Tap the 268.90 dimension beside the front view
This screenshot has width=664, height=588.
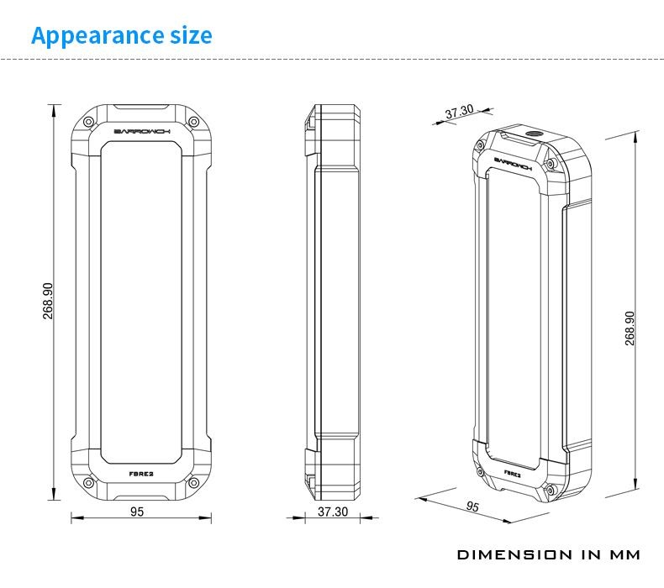pyautogui.click(x=48, y=301)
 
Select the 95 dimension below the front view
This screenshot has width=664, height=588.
pyautogui.click(x=137, y=512)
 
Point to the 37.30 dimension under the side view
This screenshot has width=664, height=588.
pyautogui.click(x=333, y=512)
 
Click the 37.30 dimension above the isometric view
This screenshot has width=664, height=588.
pyautogui.click(x=460, y=112)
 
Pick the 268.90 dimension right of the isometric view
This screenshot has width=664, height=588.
pyautogui.click(x=630, y=328)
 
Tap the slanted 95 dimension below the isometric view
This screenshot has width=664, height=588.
pyautogui.click(x=472, y=506)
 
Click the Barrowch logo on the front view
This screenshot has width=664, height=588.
pyautogui.click(x=142, y=132)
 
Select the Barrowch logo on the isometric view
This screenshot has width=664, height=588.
pyautogui.click(x=513, y=164)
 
